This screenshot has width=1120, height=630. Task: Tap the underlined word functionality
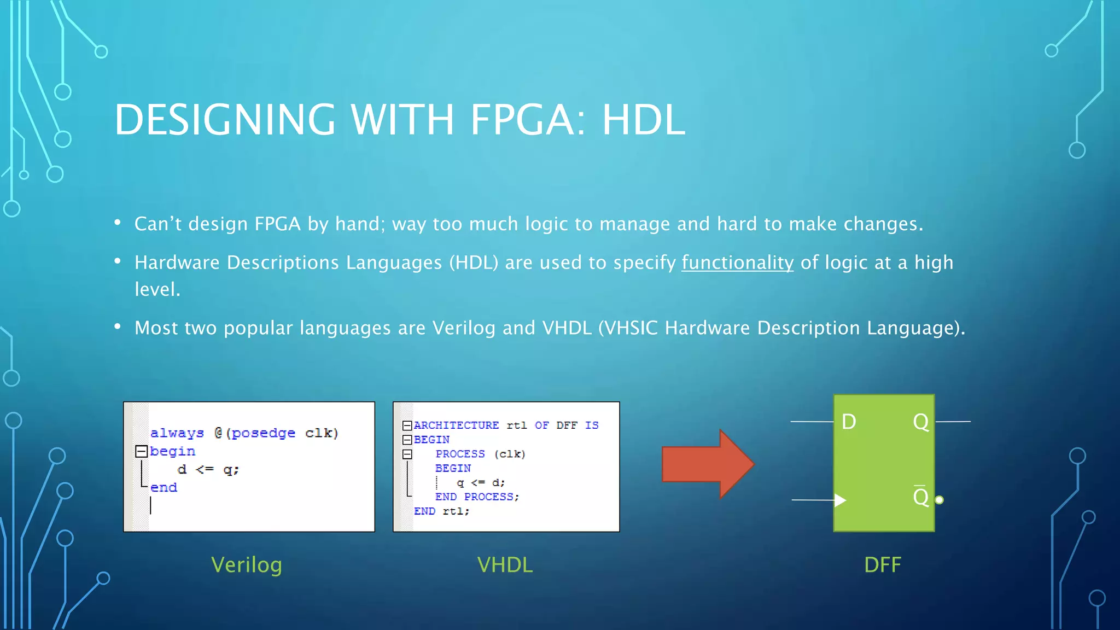pos(737,263)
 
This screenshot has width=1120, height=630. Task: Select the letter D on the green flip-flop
pos(849,422)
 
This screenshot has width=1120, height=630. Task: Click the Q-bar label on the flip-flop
pos(921,497)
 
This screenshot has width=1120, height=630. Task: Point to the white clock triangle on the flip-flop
pos(840,500)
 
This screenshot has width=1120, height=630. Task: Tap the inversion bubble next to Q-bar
pos(939,500)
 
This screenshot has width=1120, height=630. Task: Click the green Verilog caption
pos(247,565)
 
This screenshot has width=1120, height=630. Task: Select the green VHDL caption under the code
pos(505,565)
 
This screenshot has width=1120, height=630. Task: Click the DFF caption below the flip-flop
pos(882,565)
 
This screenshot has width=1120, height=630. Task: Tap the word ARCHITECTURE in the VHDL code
pos(456,425)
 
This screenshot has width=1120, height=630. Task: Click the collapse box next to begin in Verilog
pos(141,451)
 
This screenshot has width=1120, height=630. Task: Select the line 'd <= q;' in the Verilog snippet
pos(208,469)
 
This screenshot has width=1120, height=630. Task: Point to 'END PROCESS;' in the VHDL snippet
pos(477,497)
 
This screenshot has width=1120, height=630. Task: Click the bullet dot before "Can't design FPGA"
pos(118,223)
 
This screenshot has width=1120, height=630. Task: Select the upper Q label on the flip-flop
pos(921,422)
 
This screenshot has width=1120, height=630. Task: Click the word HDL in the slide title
pos(643,120)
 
